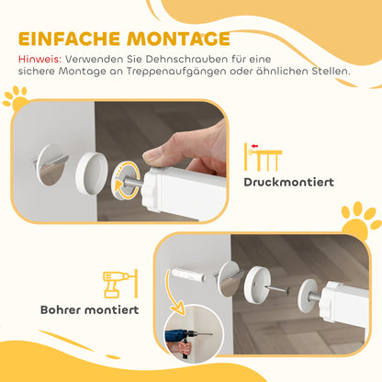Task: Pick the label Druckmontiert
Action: (x=288, y=181)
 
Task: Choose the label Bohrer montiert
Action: (x=89, y=309)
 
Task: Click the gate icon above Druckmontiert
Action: (x=263, y=156)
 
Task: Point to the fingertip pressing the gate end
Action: (x=152, y=159)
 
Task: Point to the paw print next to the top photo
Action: (x=14, y=96)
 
